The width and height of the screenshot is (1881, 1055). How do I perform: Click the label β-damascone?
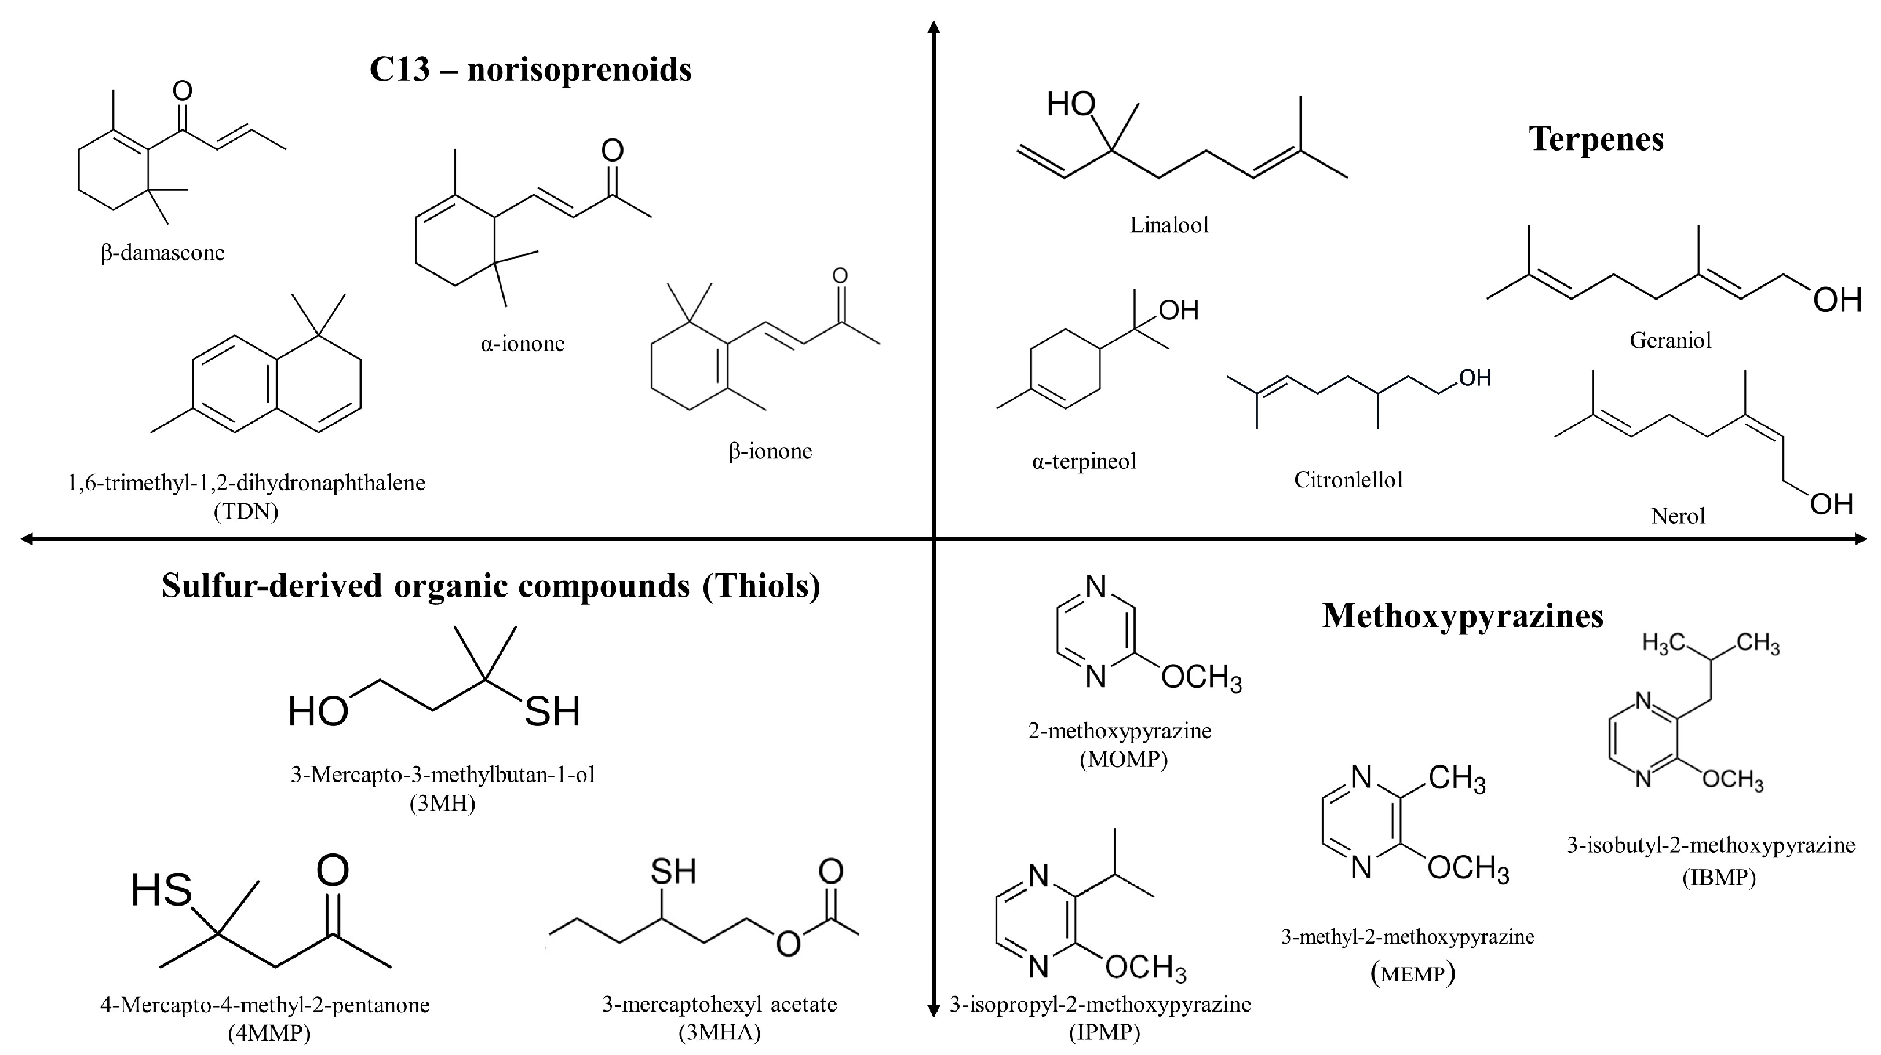162,253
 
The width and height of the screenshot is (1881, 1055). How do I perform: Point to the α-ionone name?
522,344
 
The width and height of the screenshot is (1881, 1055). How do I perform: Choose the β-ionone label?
770,451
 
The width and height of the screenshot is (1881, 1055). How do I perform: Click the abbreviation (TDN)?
246,511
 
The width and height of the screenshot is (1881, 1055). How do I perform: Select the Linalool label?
1168,225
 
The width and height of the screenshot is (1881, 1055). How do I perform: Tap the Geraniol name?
1670,340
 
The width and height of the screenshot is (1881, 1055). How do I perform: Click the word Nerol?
1677,517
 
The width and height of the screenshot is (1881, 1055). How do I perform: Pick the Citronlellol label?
1348,480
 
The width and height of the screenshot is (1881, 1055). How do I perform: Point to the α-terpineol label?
1084,461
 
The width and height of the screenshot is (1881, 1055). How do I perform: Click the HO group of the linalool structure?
1070,105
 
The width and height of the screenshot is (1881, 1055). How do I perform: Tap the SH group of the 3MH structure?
552,712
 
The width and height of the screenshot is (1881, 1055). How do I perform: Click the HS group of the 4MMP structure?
161,890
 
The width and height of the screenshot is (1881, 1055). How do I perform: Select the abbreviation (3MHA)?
719,1032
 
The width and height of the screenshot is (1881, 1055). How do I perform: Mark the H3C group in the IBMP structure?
1663,643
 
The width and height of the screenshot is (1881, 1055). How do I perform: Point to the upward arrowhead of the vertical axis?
933,28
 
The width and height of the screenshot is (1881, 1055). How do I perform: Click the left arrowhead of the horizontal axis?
26,539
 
